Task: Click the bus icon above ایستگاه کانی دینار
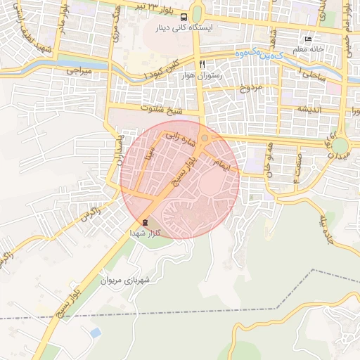tap(184, 17)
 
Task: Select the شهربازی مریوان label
tap(126, 280)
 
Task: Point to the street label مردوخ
tap(250, 88)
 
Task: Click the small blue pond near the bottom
tap(95, 332)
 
